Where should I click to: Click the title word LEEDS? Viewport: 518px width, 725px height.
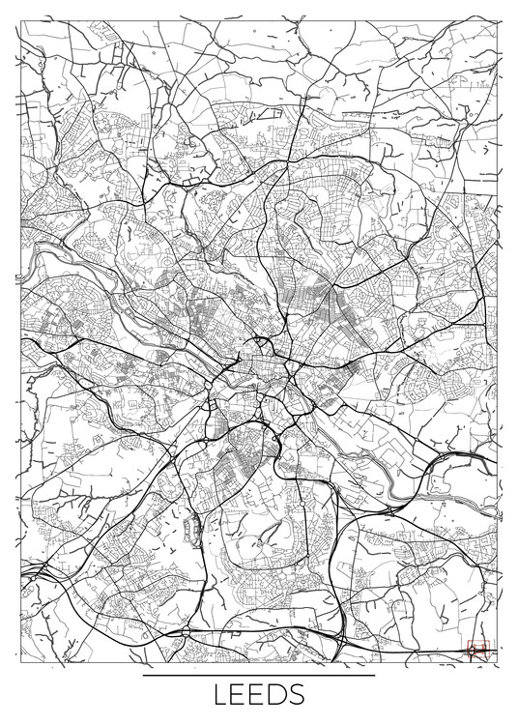(259, 695)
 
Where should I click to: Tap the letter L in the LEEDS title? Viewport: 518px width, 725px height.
(221, 695)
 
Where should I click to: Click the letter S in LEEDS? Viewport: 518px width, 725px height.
(296, 695)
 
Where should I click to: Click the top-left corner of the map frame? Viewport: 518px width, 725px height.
(18, 18)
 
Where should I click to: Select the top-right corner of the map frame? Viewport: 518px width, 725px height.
(499, 18)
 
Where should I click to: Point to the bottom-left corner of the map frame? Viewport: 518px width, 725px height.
(18, 660)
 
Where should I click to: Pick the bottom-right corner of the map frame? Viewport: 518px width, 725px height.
(499, 660)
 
